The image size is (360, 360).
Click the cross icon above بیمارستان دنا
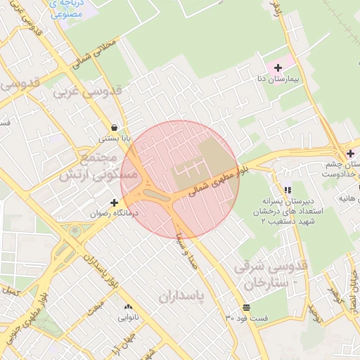(x=279, y=67)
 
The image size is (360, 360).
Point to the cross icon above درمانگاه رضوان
(x=114, y=202)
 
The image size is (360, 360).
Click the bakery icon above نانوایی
(x=128, y=307)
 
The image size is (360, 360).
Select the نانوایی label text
(x=127, y=318)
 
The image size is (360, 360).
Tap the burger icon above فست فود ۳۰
(x=246, y=308)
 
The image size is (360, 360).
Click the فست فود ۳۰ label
(x=247, y=319)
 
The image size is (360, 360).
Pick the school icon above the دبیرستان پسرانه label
(x=287, y=191)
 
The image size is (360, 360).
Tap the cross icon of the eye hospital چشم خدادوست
(x=350, y=153)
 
